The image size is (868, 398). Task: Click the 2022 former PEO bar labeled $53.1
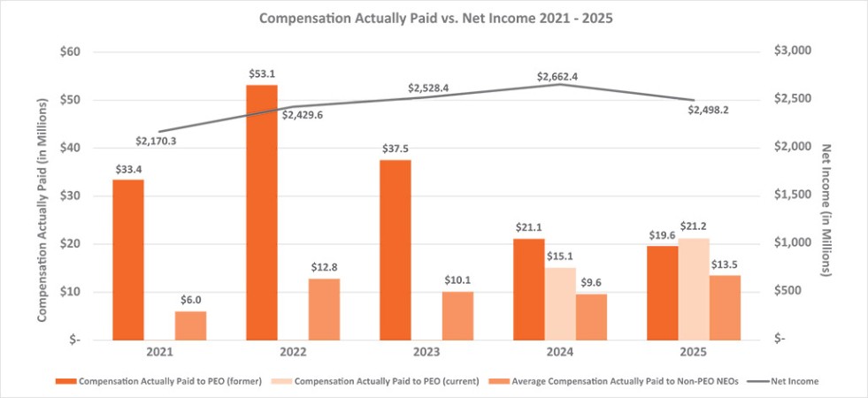pyautogui.click(x=261, y=212)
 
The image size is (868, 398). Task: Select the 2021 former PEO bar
pyautogui.click(x=128, y=259)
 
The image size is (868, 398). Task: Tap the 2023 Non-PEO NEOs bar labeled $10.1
pyautogui.click(x=457, y=315)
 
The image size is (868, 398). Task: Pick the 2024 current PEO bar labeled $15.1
pyautogui.click(x=558, y=302)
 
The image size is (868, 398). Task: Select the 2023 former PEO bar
pyautogui.click(x=395, y=249)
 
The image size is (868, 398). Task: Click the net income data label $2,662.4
pyautogui.click(x=557, y=77)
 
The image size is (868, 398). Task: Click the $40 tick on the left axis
pyautogui.click(x=70, y=148)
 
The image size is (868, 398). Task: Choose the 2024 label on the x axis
pyautogui.click(x=558, y=352)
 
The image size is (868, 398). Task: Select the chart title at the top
pyautogui.click(x=434, y=17)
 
